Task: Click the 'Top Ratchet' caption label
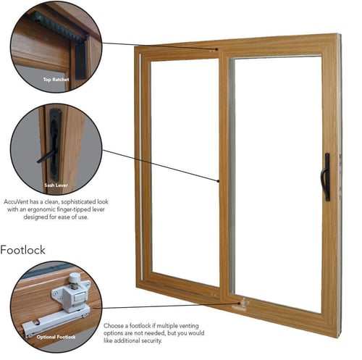pyautogui.click(x=56, y=79)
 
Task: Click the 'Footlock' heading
pyautogui.click(x=22, y=250)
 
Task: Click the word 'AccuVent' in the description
pyautogui.click(x=15, y=198)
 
